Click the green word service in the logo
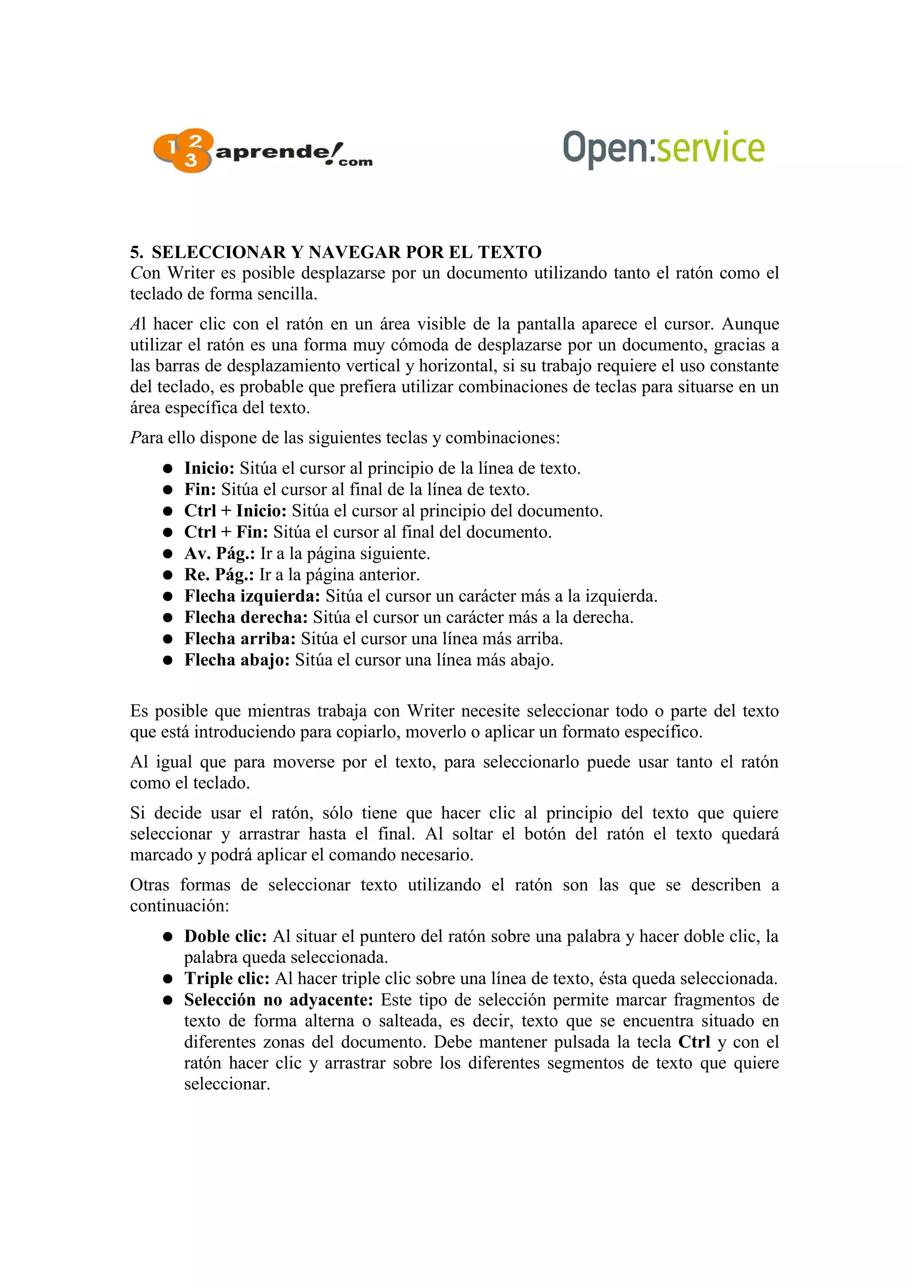[710, 147]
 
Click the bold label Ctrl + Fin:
[226, 532]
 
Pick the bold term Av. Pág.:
[220, 554]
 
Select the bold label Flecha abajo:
[237, 660]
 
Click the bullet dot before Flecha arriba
[167, 639]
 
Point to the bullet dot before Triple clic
[167, 979]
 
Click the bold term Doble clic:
[225, 936]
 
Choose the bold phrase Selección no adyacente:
[278, 1000]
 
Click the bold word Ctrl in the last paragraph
[694, 1042]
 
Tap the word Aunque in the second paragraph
[750, 324]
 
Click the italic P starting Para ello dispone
[134, 438]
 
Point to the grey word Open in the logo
[605, 147]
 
